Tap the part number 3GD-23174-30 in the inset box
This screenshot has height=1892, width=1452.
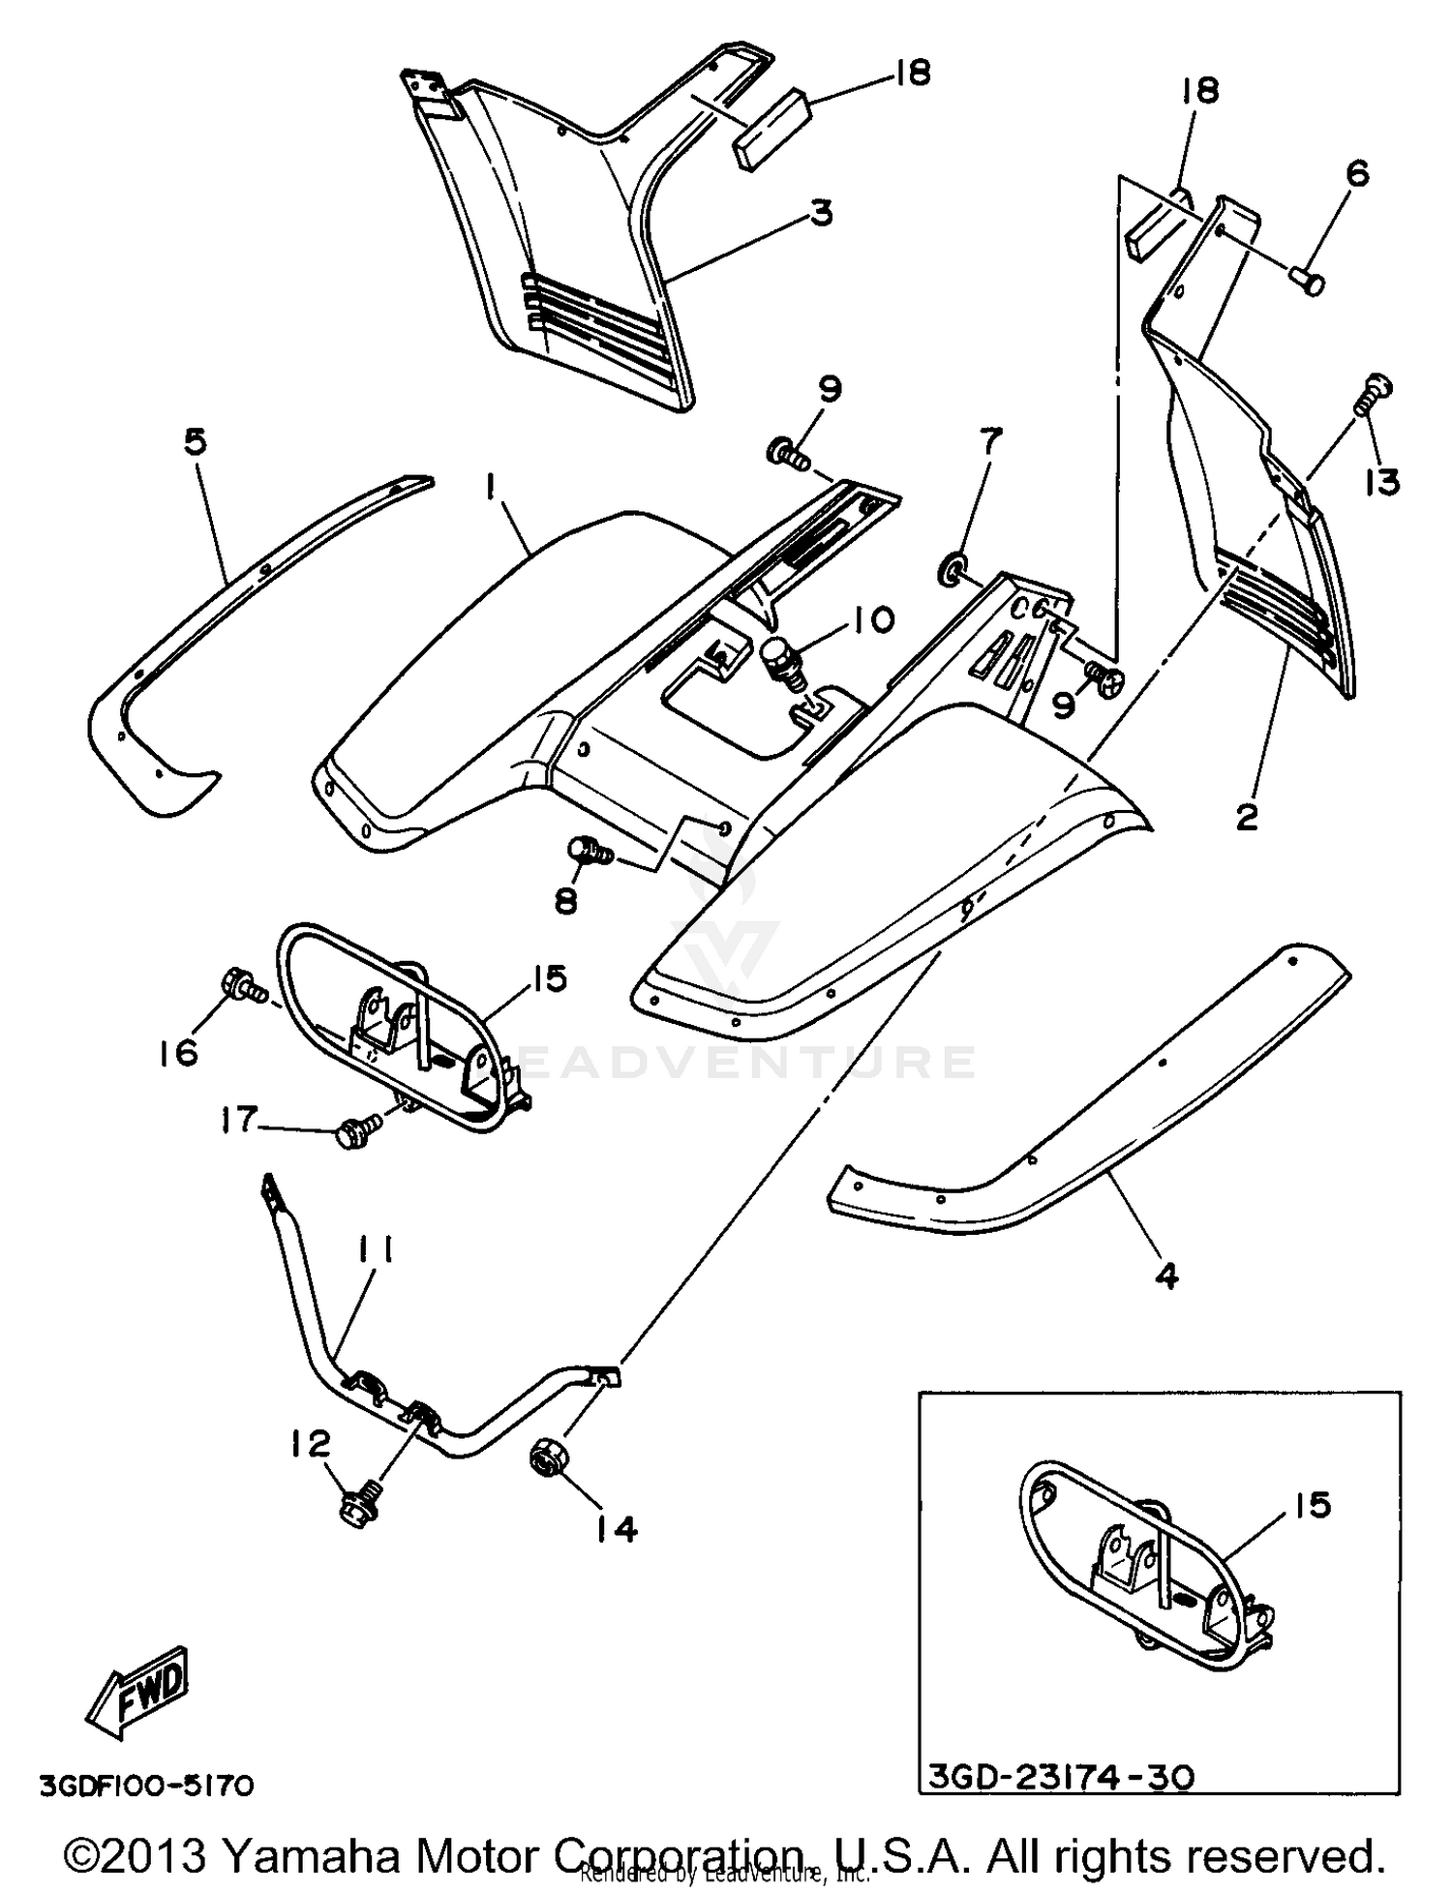coord(1061,1777)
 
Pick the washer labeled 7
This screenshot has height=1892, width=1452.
coord(951,569)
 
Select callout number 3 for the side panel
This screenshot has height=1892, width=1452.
coord(821,211)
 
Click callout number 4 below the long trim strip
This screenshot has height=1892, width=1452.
coord(1167,1276)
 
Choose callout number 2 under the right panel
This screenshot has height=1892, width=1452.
coord(1247,816)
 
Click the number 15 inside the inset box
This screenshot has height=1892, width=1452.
coord(1312,1505)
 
